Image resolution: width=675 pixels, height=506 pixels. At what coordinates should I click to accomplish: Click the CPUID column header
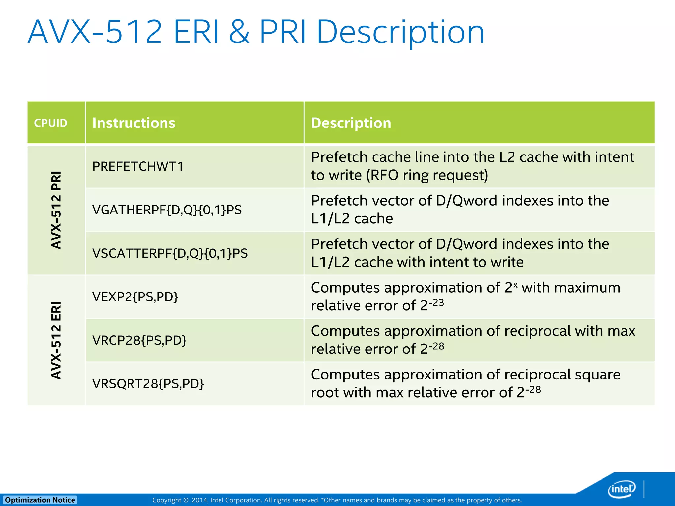pos(50,123)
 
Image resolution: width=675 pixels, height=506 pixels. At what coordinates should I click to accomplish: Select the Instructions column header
pos(133,123)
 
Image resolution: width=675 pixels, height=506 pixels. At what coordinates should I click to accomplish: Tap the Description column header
pos(351,123)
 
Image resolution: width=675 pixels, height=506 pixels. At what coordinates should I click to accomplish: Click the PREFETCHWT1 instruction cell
pos(138,166)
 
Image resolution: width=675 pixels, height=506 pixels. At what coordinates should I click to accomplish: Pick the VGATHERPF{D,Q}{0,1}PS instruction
pos(167,210)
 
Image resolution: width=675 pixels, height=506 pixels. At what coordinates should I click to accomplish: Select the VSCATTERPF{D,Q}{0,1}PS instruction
pos(170,253)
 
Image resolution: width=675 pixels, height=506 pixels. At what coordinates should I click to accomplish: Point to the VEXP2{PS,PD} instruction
pos(135,297)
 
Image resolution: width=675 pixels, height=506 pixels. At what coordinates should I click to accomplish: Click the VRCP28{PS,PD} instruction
pos(139,340)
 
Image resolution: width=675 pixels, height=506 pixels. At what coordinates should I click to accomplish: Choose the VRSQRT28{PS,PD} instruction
pos(148,384)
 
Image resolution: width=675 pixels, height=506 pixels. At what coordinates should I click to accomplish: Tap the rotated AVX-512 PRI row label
pos(56,210)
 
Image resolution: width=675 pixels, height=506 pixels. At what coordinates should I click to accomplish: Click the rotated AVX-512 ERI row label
pos(56,340)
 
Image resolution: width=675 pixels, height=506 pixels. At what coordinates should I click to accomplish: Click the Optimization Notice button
pos(40,500)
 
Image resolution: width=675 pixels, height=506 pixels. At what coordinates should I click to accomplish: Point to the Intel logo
pos(621,489)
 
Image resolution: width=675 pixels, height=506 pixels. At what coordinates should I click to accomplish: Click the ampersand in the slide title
pos(239,32)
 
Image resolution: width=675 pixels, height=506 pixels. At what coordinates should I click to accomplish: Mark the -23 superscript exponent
pos(436,302)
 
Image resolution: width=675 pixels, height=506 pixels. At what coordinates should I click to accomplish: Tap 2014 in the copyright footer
pos(199,500)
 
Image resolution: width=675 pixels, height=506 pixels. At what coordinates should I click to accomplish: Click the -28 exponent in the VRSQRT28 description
pos(533,389)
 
